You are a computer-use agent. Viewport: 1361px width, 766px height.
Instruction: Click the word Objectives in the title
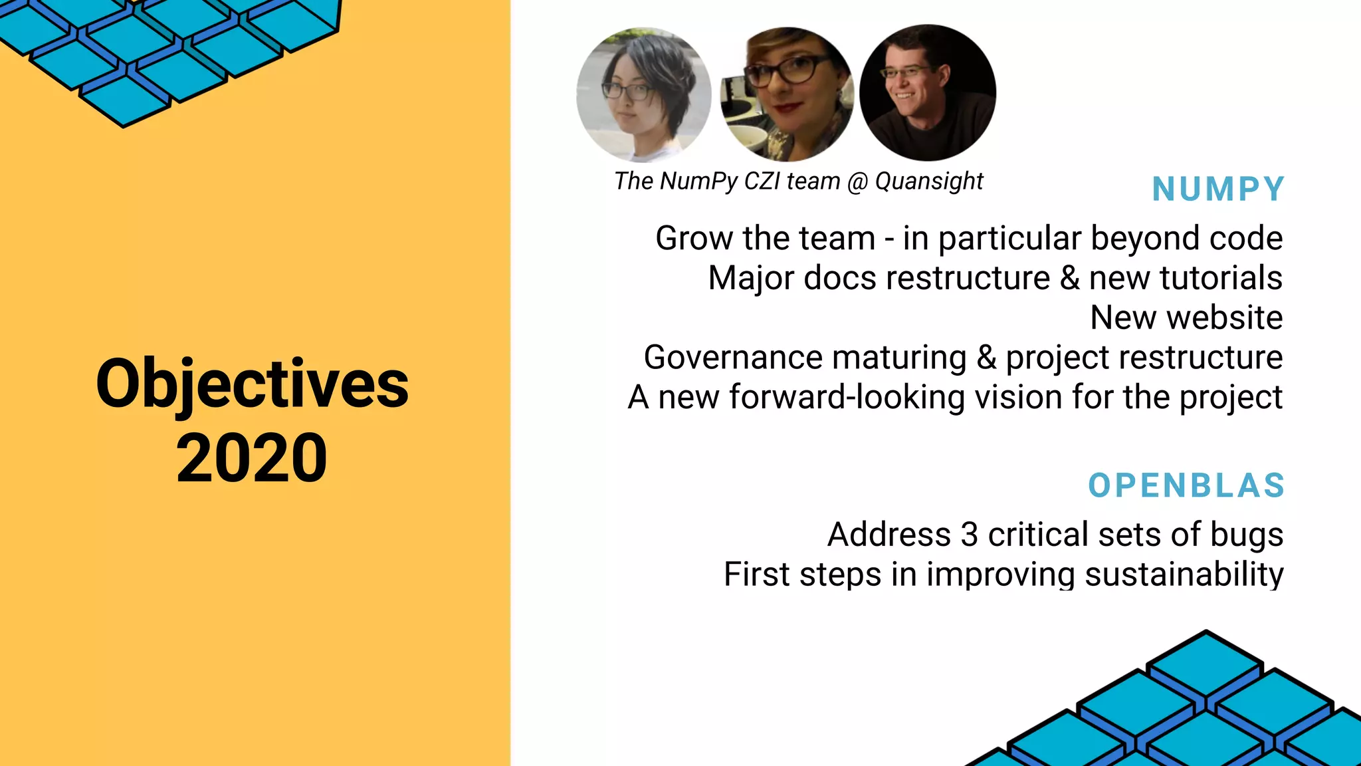click(252, 385)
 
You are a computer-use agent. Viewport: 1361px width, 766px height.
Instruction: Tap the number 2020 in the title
click(252, 458)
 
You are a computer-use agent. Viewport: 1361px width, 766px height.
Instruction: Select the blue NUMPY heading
click(1218, 190)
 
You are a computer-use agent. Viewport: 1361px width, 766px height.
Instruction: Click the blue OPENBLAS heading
click(1186, 486)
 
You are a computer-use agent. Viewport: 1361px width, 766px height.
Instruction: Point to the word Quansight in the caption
click(929, 181)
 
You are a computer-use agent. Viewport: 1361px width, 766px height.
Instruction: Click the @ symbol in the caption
click(858, 182)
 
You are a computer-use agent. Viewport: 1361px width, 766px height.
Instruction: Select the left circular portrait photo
click(643, 94)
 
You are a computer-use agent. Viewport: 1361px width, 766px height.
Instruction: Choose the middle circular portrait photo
click(787, 94)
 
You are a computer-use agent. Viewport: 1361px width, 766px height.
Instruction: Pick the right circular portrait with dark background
click(928, 93)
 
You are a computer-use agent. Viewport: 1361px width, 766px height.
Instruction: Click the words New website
click(1186, 318)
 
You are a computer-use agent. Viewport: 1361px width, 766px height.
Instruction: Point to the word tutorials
click(1221, 278)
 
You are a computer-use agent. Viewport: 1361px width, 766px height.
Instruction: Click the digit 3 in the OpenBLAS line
click(970, 535)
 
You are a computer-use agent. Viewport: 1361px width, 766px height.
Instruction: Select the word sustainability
click(1184, 574)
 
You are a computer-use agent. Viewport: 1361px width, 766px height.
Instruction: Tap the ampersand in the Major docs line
click(1070, 278)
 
